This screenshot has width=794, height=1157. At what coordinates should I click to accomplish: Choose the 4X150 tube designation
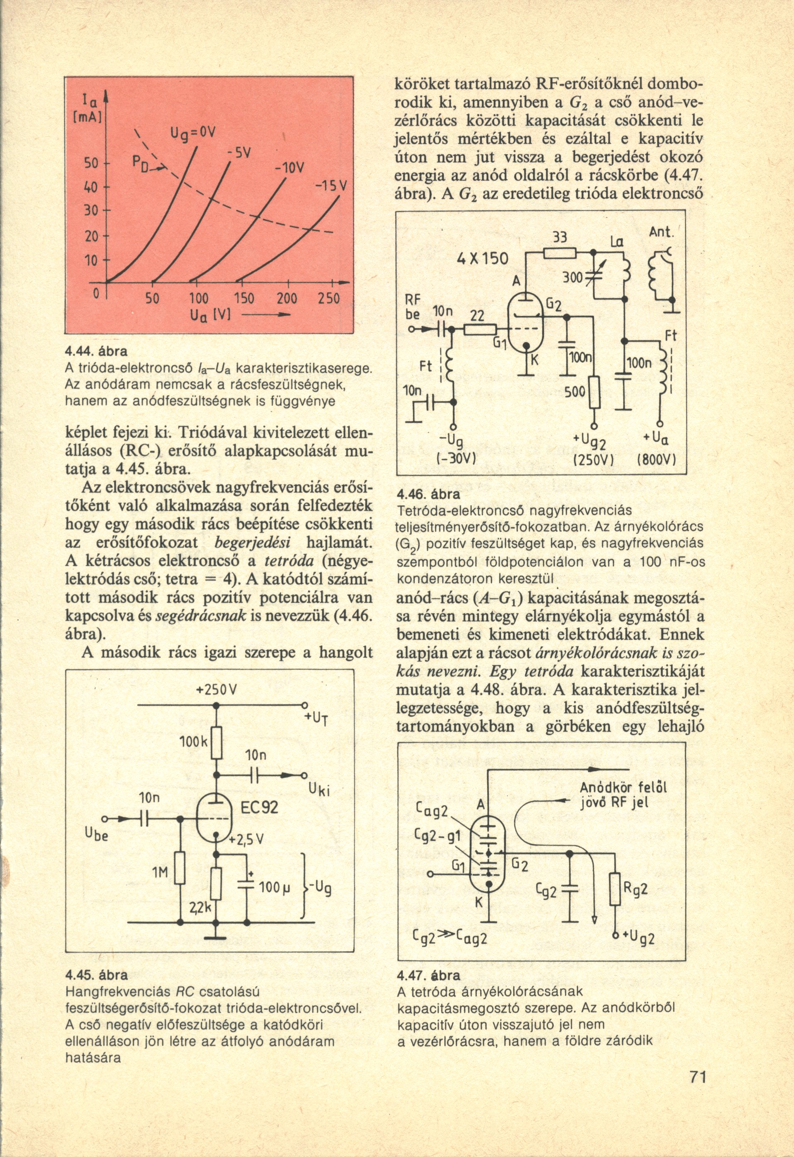[483, 259]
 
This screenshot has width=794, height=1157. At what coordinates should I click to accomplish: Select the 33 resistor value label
[561, 238]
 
